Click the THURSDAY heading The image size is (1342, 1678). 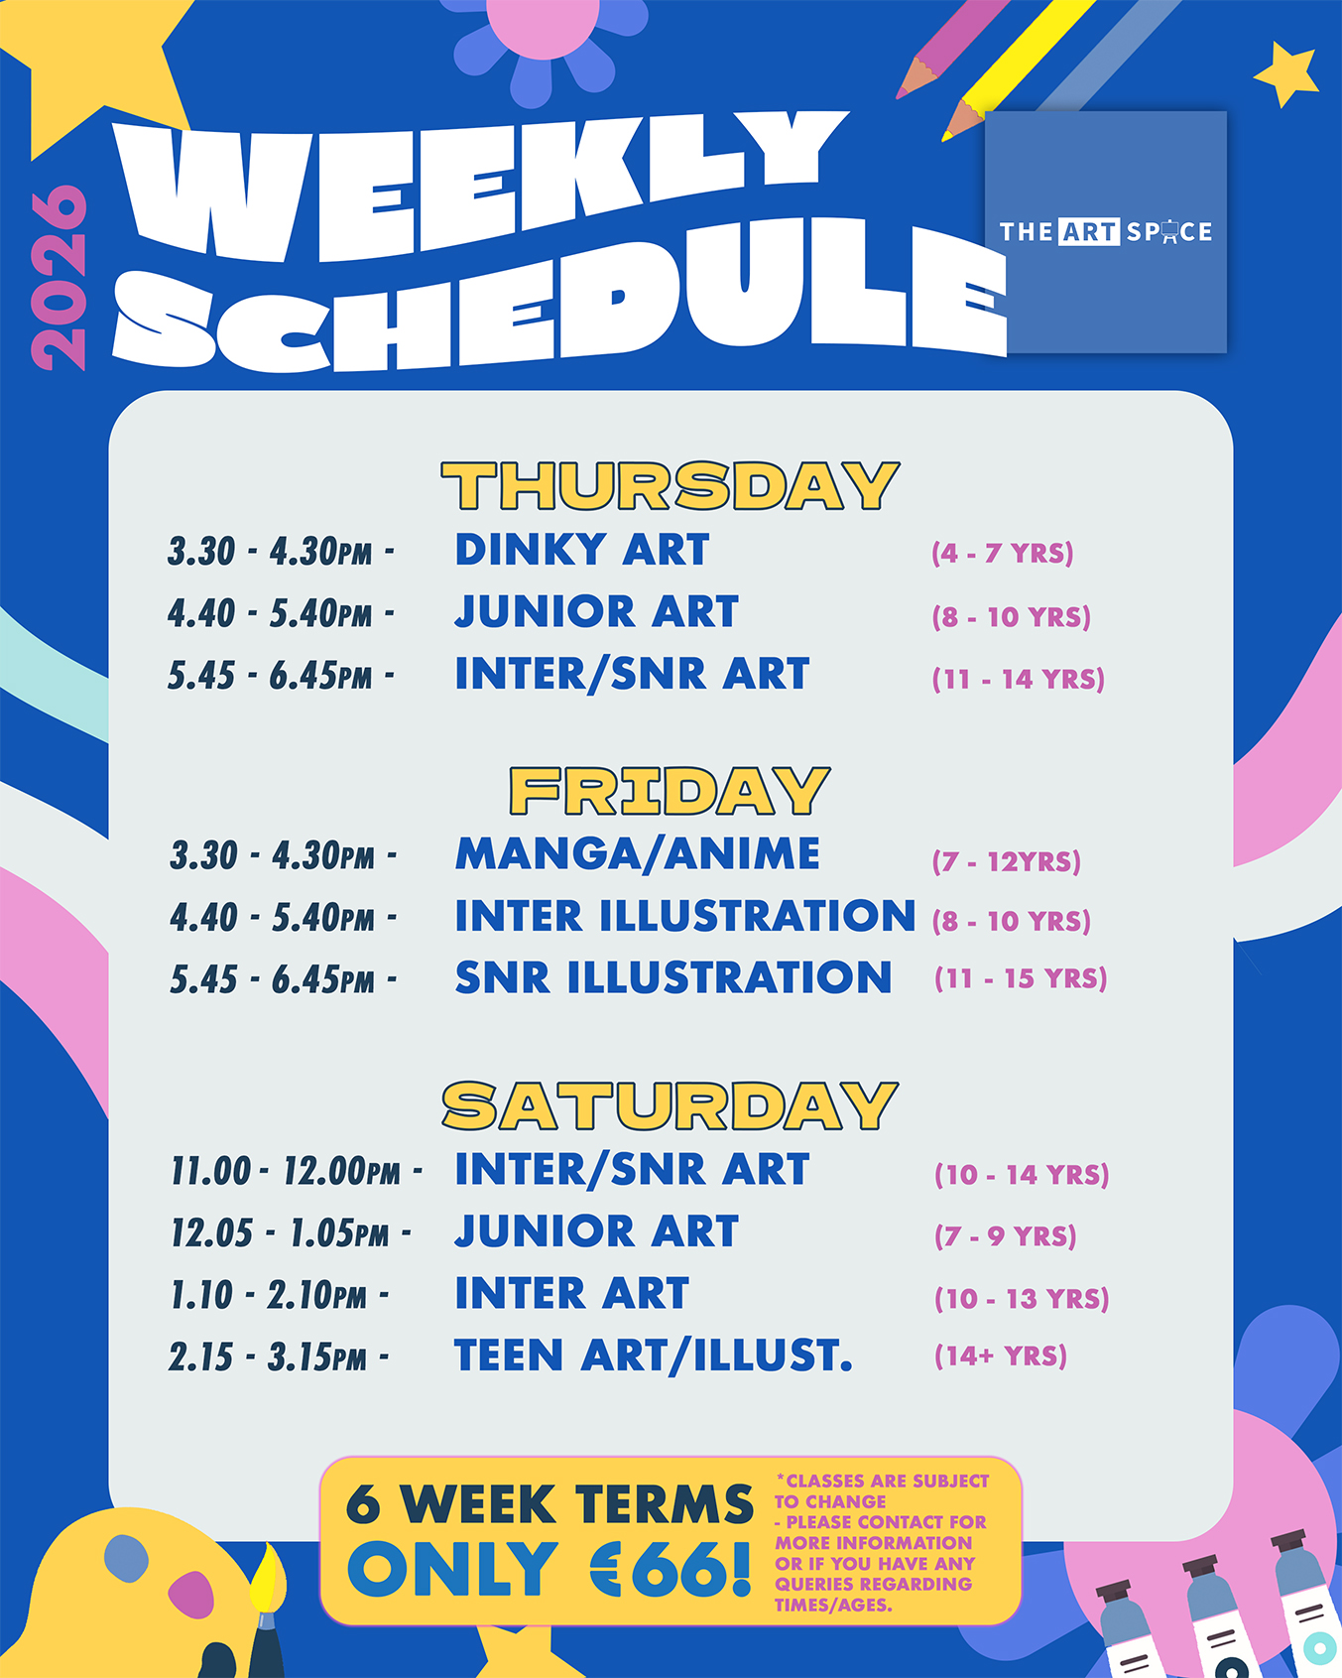671,486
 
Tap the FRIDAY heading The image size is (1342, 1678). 670,791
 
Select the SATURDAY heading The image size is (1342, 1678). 671,1106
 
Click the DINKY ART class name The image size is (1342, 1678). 582,550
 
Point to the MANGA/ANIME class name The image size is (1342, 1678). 638,854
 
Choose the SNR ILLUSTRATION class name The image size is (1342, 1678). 673,977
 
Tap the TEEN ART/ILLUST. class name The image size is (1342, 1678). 654,1355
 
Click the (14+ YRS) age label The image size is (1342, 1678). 1001,1356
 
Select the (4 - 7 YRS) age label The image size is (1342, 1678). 1003,553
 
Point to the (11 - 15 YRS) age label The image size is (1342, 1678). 1021,978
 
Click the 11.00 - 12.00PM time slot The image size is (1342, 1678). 296,1171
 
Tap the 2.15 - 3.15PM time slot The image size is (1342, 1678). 279,1356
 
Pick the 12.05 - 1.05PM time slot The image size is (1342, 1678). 291,1233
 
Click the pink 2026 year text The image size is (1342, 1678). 60,278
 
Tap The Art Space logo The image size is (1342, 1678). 1106,232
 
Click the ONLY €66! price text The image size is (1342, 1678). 549,1570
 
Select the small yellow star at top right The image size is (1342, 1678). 1286,73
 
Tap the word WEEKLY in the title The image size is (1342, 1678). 481,189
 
